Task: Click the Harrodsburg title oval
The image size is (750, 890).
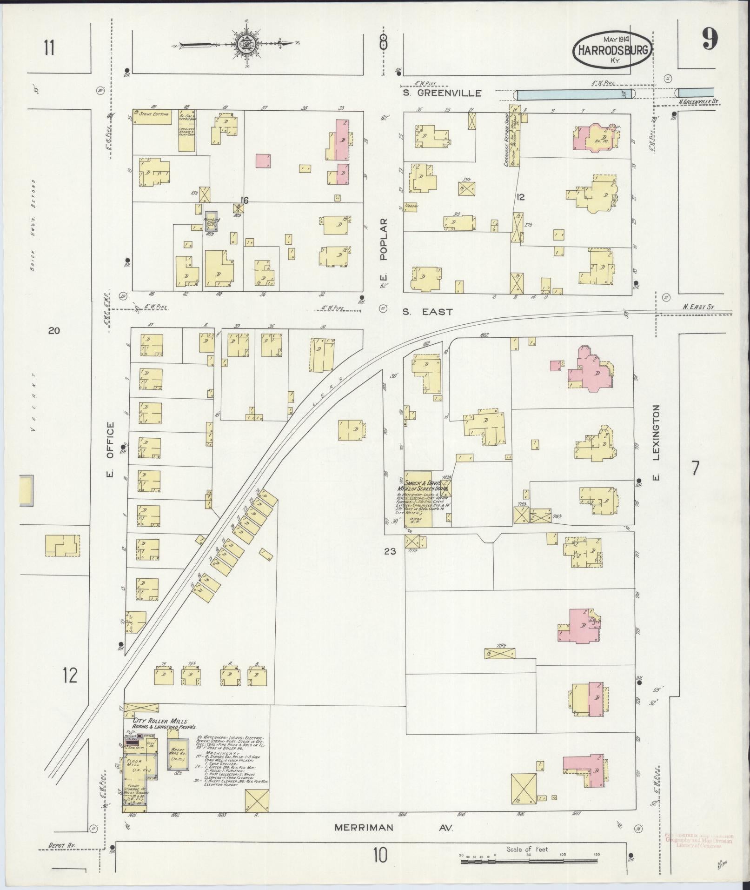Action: coord(611,49)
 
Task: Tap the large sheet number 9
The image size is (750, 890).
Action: coord(710,39)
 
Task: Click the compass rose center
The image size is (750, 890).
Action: coord(243,44)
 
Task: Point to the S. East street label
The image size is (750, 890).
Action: coord(427,312)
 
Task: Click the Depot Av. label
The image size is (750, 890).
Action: coord(62,846)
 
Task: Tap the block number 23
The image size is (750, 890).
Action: coord(390,551)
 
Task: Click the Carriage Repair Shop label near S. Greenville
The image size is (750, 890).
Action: coord(505,140)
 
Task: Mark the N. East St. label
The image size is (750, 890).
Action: coord(698,307)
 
